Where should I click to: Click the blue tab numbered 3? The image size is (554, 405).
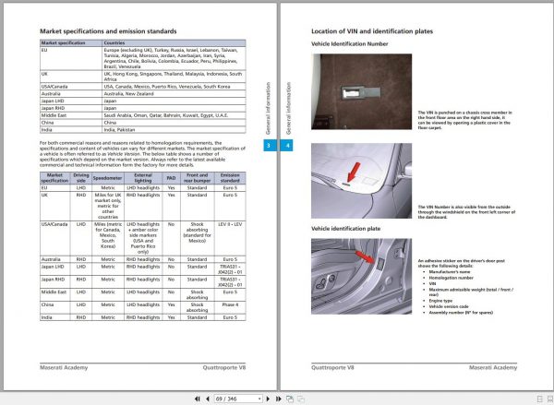click(x=268, y=145)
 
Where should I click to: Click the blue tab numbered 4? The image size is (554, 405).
click(x=287, y=145)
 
